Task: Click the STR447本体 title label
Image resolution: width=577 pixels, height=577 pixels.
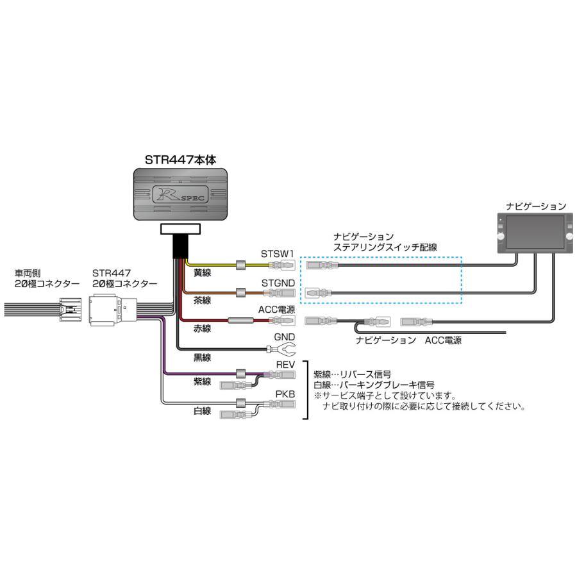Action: click(x=180, y=160)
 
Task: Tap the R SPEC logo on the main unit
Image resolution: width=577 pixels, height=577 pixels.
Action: click(x=181, y=193)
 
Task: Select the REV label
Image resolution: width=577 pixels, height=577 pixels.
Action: click(x=285, y=364)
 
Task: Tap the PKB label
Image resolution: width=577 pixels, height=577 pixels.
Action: click(x=285, y=394)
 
